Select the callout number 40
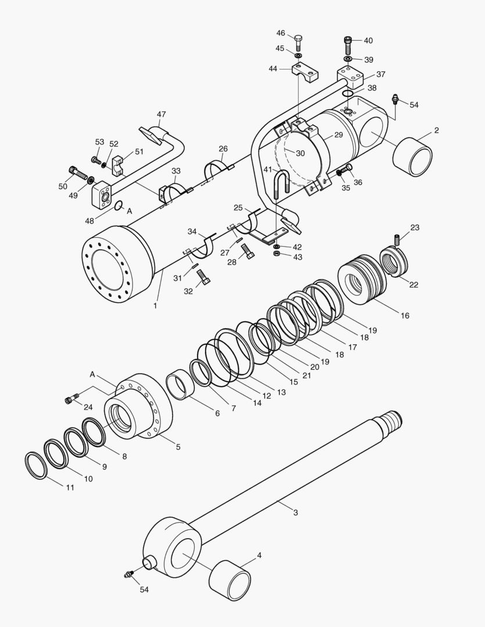pos(368,41)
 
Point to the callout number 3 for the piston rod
pos(295,513)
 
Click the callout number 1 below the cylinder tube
pos(155,305)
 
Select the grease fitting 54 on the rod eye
pos(128,575)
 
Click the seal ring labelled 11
pos(36,466)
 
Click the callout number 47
pos(161,114)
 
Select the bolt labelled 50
pos(76,172)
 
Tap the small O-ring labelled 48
pos(118,206)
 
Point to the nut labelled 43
pos(278,254)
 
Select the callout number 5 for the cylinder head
pos(178,447)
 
